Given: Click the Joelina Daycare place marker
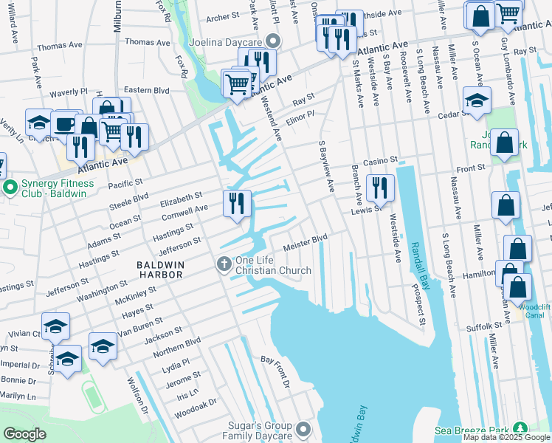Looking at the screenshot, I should point(274,41).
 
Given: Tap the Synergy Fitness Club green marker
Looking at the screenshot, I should point(10,189).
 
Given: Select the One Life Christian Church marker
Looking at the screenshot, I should point(223,264).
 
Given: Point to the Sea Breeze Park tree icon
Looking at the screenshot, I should point(521,429).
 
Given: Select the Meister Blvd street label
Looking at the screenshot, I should point(306,241).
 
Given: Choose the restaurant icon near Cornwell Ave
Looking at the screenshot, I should point(237,204).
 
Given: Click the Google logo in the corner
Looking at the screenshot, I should point(24,434).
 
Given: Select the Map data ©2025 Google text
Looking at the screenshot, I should point(506,438).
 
